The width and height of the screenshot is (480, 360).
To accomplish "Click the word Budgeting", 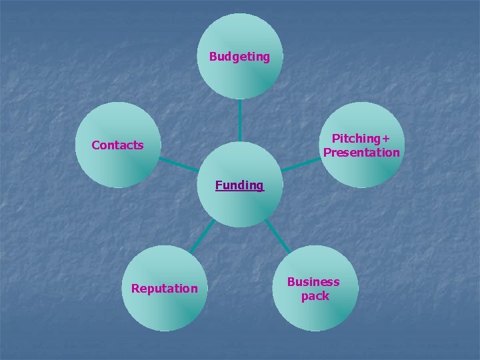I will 239,57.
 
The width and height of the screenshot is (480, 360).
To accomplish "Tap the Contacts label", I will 117,145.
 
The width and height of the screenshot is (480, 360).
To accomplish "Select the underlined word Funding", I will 239,185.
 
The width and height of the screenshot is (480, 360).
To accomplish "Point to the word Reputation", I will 164,289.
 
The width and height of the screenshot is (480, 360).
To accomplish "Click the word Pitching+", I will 361,139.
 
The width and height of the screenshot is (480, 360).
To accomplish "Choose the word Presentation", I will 361,153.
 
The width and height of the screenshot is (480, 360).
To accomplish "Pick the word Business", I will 313,282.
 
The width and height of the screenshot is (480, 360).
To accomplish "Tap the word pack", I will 315,296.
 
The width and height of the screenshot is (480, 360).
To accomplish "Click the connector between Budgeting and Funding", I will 239,120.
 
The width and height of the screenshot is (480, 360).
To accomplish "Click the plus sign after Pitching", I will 385,139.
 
